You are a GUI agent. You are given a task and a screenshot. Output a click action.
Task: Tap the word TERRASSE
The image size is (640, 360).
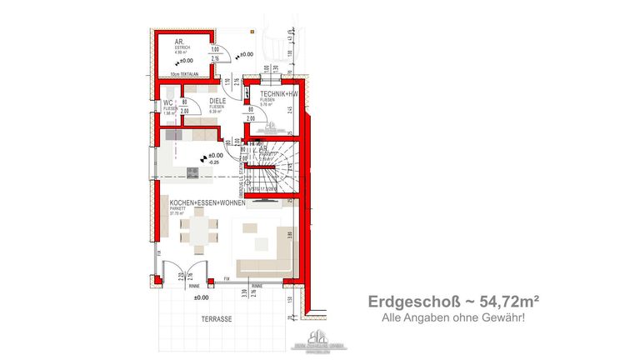[x=215, y=319]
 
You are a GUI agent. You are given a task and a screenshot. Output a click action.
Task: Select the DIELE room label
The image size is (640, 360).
[x=217, y=102]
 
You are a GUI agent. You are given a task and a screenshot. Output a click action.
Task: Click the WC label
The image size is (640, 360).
[x=167, y=102]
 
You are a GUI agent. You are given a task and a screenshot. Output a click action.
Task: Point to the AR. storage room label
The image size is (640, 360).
[x=179, y=42]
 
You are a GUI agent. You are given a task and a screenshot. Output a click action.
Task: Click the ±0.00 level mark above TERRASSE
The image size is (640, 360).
[x=201, y=297]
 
